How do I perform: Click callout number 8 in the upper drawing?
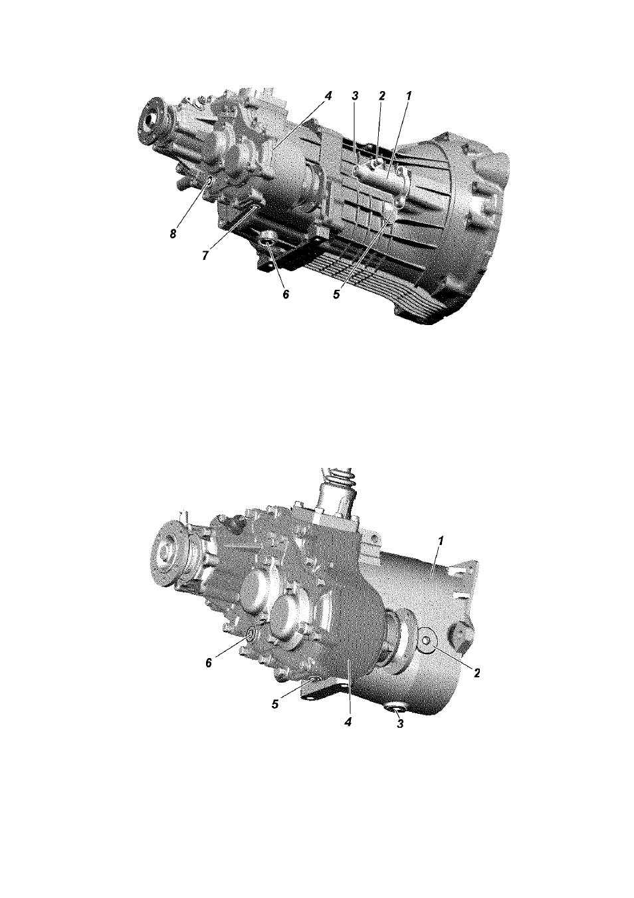coord(173,234)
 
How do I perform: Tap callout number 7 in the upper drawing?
coord(205,255)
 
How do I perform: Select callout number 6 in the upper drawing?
coord(285,294)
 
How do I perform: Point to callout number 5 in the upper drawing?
coord(336,294)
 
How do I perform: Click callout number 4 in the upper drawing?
coord(328,96)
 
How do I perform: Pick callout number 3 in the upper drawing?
coord(355,96)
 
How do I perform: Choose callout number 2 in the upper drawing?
coord(381,96)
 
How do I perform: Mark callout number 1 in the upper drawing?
coord(408,96)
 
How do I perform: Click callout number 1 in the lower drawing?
coord(441,541)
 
